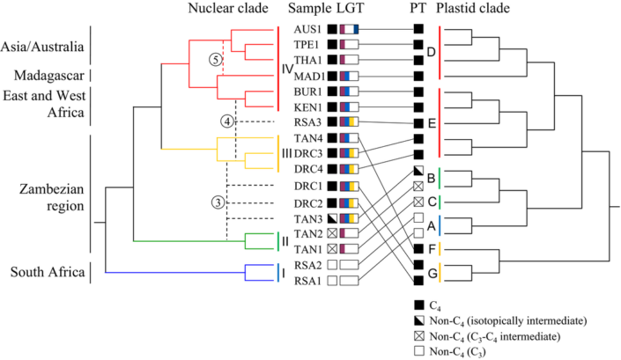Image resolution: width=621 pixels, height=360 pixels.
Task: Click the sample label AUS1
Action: (307, 28)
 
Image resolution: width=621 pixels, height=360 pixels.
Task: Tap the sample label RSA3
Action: (307, 122)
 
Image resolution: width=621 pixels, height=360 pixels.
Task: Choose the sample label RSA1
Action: (307, 280)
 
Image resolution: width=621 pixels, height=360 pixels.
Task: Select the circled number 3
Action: (218, 202)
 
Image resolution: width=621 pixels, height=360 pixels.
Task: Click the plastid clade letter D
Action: (430, 52)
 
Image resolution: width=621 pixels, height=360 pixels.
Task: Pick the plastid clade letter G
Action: (430, 272)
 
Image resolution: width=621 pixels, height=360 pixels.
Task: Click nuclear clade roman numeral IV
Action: (286, 67)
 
